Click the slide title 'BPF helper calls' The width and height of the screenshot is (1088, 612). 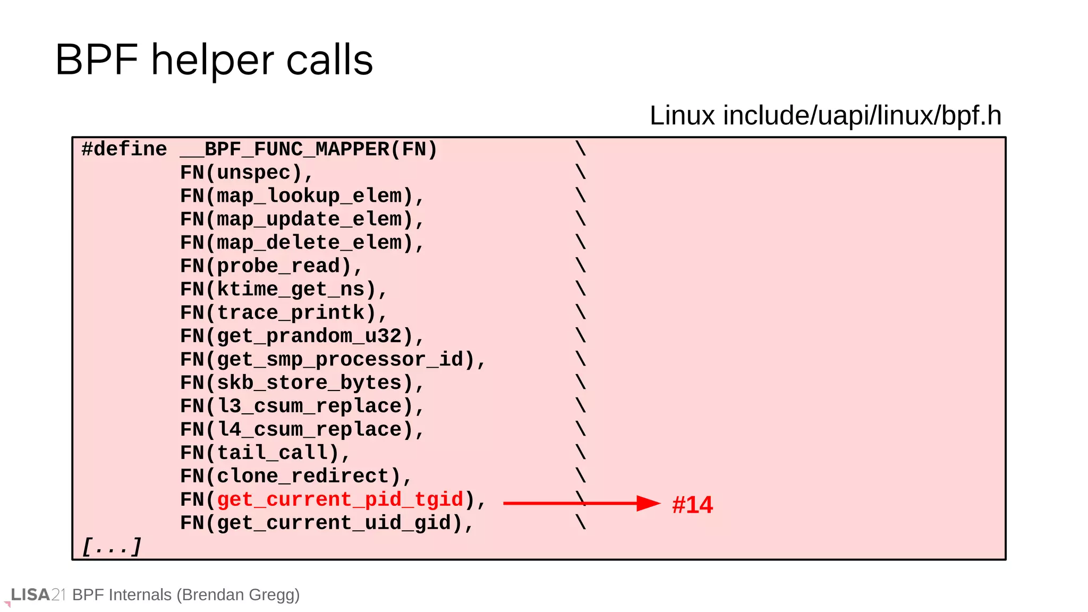(214, 60)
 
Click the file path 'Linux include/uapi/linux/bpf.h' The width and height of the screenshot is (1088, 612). (825, 115)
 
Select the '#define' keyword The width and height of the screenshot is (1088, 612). (124, 149)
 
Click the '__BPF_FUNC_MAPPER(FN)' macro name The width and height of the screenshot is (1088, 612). (309, 149)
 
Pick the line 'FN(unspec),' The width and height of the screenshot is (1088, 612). (247, 173)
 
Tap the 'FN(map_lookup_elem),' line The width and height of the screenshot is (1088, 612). (302, 196)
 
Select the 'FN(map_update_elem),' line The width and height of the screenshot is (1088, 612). (302, 219)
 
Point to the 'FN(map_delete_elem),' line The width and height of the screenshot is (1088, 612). (302, 243)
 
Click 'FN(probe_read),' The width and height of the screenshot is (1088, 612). (271, 266)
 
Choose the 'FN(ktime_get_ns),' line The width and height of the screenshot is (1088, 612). (283, 290)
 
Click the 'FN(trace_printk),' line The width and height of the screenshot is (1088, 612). (283, 313)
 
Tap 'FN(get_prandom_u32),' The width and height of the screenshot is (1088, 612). (302, 336)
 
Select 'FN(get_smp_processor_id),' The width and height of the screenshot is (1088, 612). (333, 360)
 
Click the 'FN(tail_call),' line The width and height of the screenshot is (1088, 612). (265, 453)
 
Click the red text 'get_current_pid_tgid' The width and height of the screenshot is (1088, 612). (340, 500)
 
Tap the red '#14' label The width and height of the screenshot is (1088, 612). (692, 505)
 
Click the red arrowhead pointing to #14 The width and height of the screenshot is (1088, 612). (648, 503)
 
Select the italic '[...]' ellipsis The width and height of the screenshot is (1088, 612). (112, 547)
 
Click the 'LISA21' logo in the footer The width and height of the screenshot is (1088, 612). (37, 595)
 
